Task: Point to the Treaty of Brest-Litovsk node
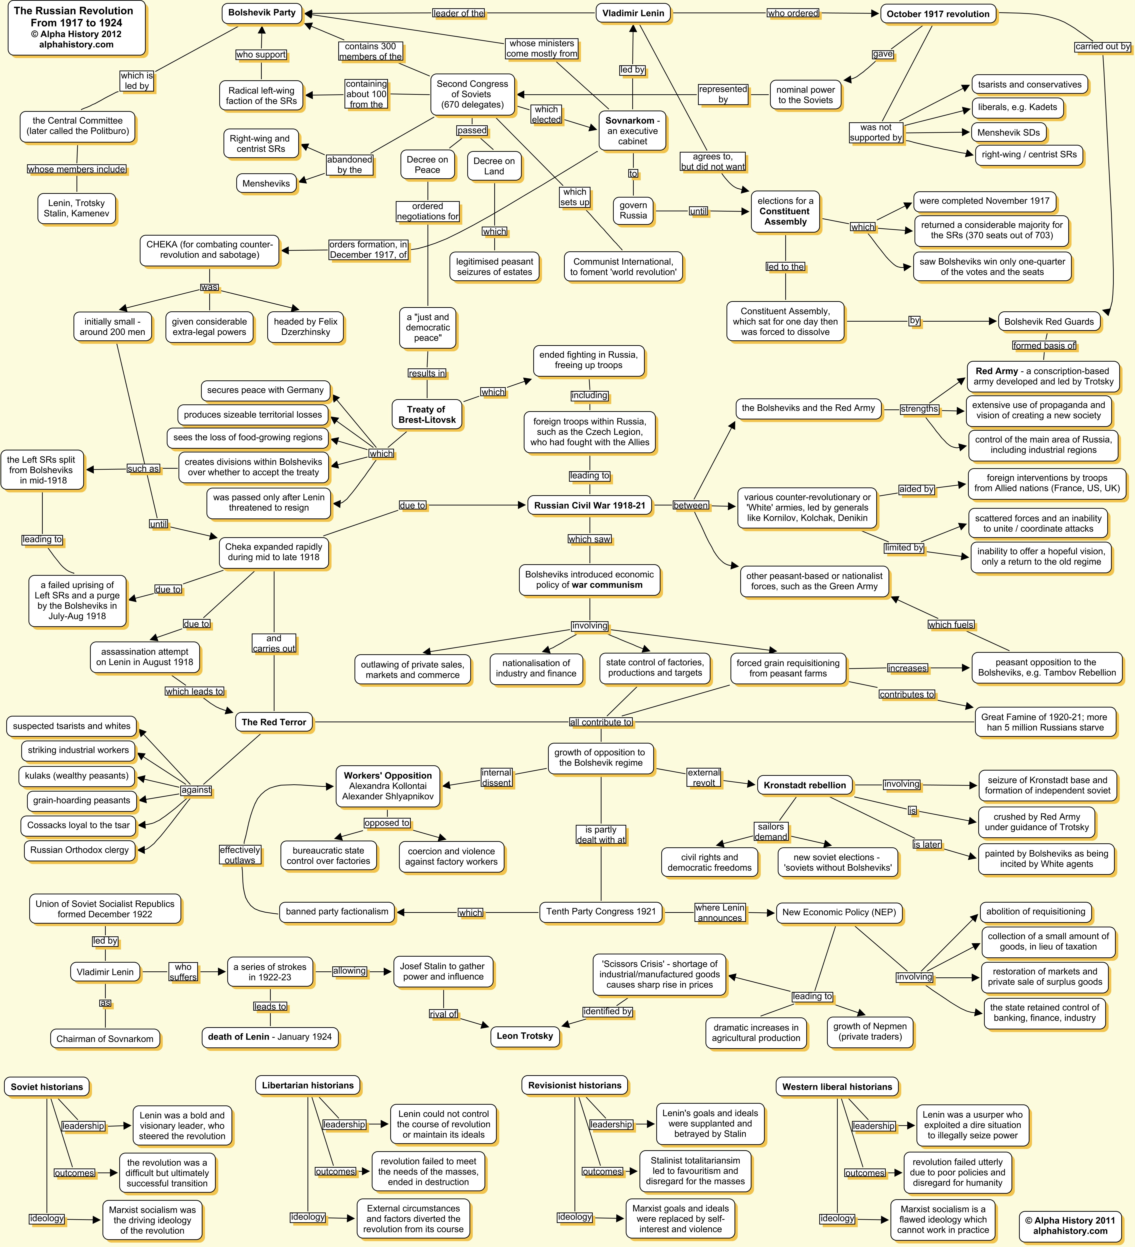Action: pos(426,414)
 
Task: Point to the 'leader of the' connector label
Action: pos(458,13)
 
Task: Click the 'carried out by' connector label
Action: pos(1102,46)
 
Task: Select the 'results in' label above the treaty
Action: pos(426,373)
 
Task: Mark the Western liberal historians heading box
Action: pos(837,1087)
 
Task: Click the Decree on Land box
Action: pos(494,166)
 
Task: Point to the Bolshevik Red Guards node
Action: pos(1048,322)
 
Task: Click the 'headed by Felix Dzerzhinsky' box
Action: pos(305,327)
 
